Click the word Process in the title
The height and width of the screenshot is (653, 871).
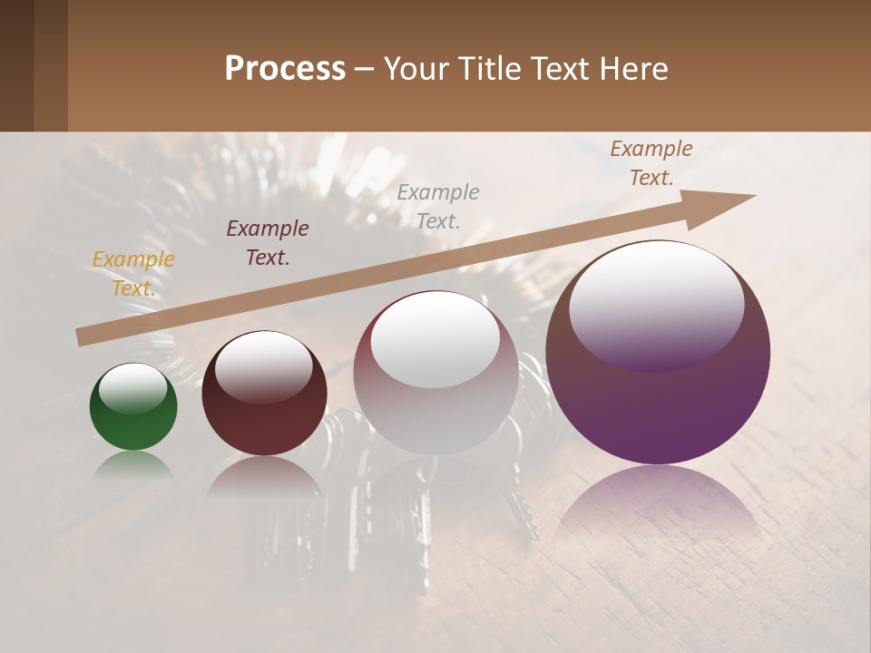(285, 69)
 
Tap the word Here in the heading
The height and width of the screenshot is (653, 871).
(632, 69)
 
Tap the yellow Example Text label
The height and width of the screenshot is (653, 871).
(133, 274)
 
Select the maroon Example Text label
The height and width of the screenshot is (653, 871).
(268, 243)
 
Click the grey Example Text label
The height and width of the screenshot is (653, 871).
(438, 206)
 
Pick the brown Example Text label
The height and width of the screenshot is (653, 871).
(651, 163)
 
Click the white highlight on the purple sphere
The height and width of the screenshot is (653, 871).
(656, 304)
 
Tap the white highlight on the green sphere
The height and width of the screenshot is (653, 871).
(132, 387)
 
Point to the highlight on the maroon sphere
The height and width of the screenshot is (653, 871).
(263, 365)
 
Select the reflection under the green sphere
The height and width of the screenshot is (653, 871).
(133, 463)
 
